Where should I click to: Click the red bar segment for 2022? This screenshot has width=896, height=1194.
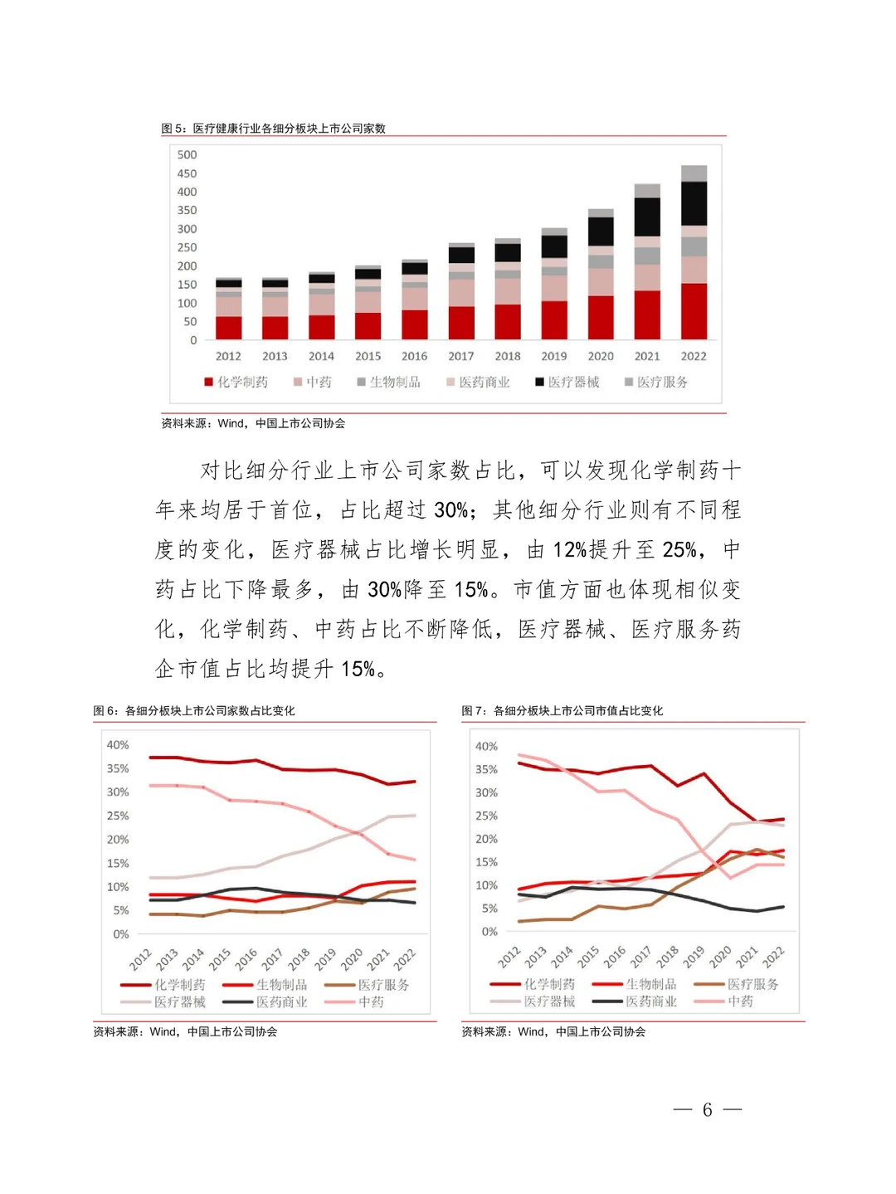click(x=694, y=311)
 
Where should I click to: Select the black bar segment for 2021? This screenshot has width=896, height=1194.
click(x=647, y=217)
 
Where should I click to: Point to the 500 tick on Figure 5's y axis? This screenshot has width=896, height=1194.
click(x=187, y=155)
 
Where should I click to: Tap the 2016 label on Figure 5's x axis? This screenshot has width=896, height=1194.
click(x=414, y=356)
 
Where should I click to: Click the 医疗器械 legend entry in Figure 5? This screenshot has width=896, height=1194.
click(x=567, y=382)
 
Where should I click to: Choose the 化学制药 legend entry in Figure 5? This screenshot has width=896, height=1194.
click(x=236, y=382)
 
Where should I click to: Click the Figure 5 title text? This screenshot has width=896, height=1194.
click(x=273, y=129)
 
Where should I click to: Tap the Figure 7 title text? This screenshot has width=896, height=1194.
click(x=562, y=711)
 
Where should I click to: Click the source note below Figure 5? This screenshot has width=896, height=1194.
click(x=253, y=423)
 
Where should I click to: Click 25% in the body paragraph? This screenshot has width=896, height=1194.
click(x=679, y=549)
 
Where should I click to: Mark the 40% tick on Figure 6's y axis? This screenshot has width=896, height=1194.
click(x=117, y=745)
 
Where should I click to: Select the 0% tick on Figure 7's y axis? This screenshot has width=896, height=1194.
click(x=489, y=932)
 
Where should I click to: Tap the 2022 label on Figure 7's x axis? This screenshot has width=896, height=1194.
click(x=773, y=957)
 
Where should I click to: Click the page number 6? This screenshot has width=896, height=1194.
click(x=707, y=1109)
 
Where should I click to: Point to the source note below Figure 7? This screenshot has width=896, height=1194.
click(x=553, y=1031)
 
